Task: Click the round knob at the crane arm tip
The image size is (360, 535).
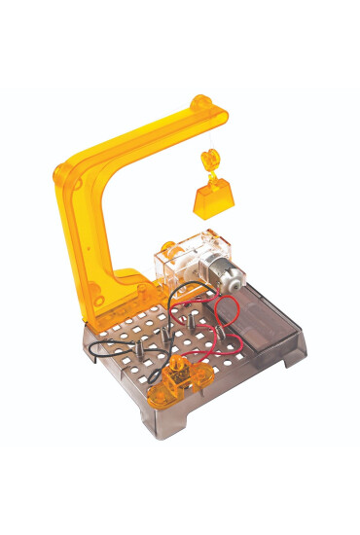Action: (201, 103)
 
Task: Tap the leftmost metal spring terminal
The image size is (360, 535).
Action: (137, 342)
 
